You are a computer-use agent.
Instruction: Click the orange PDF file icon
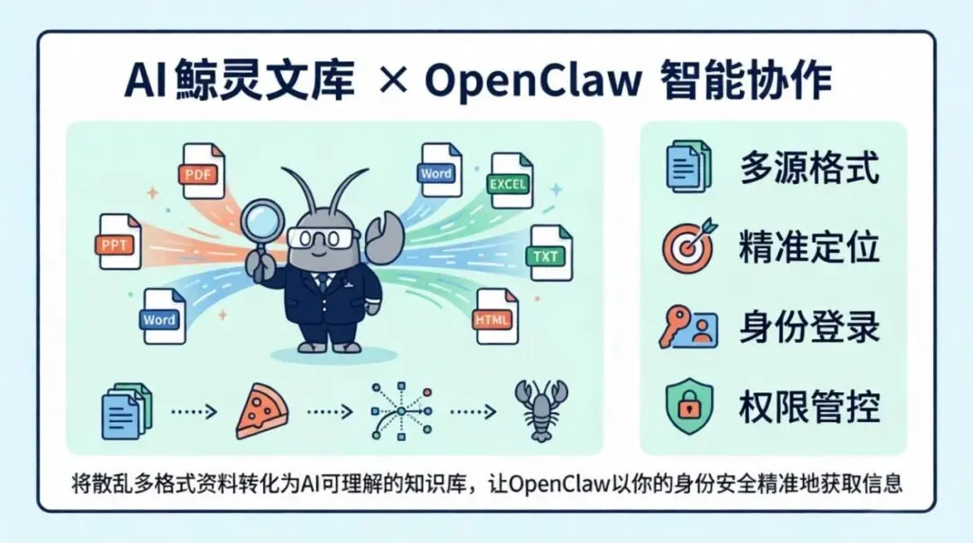[x=203, y=170]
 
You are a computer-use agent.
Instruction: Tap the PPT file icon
[x=120, y=241]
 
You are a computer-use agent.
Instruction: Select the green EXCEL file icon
[x=510, y=180]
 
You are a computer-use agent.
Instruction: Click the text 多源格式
[x=809, y=168]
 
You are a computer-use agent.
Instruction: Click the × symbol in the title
[x=393, y=83]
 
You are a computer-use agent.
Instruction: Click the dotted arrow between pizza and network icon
[x=330, y=411]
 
